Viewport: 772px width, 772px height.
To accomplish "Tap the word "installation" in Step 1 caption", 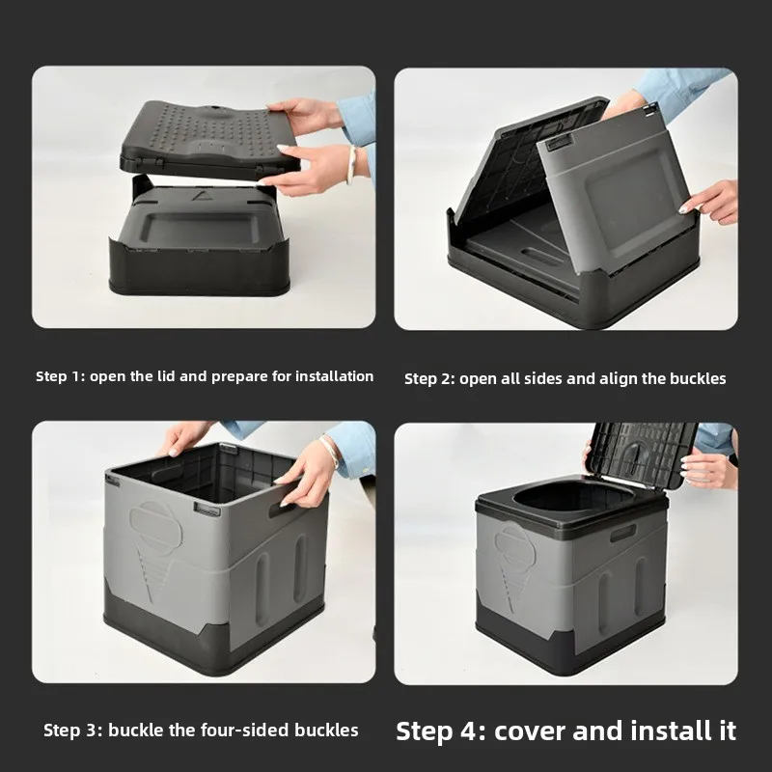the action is (x=334, y=376).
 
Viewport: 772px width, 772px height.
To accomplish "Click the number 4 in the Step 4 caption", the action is (x=468, y=731).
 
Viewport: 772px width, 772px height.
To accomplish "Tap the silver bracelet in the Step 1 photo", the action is (x=351, y=164).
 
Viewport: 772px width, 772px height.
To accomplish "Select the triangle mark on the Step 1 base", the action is (x=201, y=196).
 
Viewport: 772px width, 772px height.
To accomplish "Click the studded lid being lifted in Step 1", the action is (x=209, y=139).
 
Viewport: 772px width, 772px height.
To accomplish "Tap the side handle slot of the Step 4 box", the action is (x=622, y=534).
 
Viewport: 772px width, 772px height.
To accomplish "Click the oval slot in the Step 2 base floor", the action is (x=541, y=256).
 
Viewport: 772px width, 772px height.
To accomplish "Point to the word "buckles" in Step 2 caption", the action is (x=698, y=379).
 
